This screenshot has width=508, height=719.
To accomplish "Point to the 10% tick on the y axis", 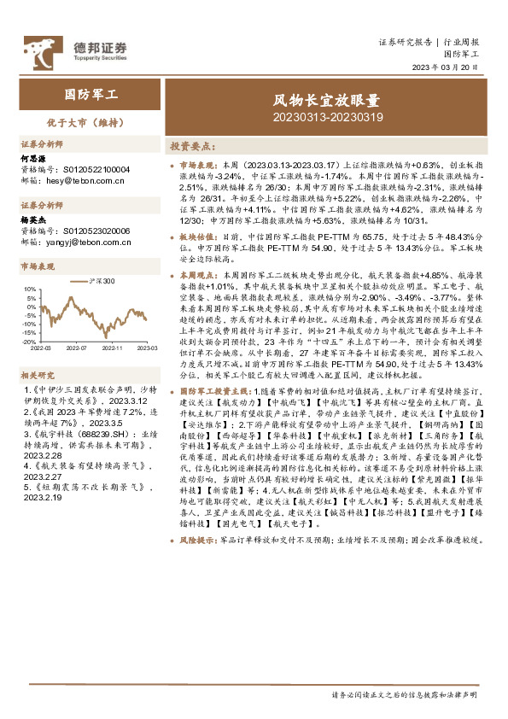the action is tap(30, 288).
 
